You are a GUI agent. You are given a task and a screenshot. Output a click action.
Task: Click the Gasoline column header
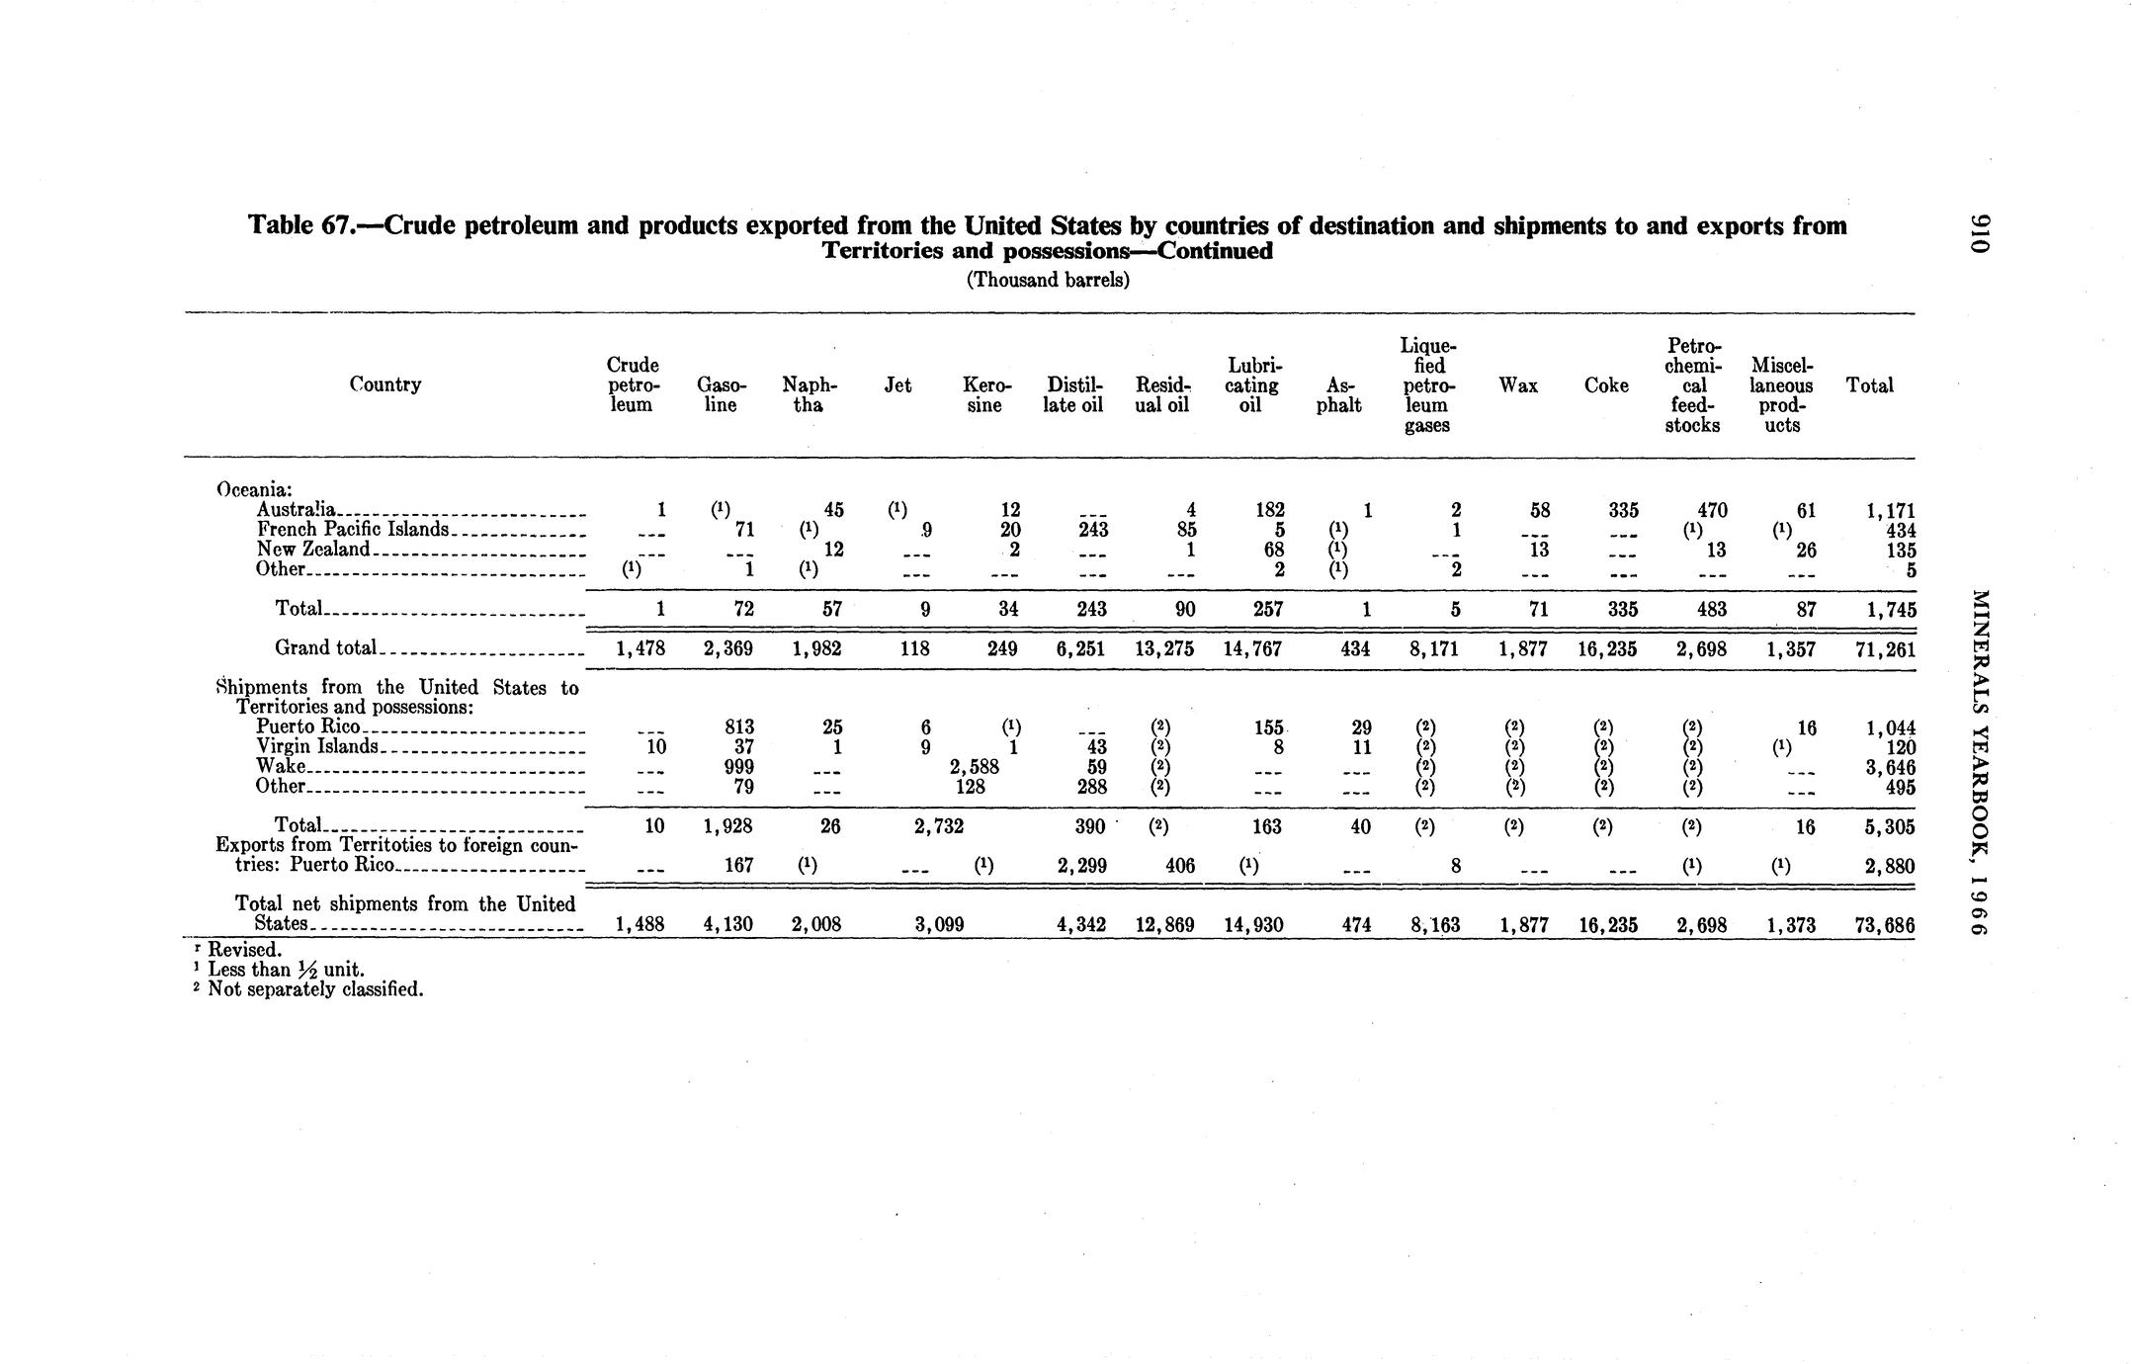pyautogui.click(x=722, y=394)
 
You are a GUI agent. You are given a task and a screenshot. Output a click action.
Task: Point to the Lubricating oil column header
pyautogui.click(x=1251, y=384)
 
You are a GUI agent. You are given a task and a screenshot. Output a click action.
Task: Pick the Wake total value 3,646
pyautogui.click(x=1887, y=767)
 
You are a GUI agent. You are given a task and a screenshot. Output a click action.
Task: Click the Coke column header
pyautogui.click(x=1606, y=385)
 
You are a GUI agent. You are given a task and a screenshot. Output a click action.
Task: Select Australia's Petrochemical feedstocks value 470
pyautogui.click(x=1712, y=511)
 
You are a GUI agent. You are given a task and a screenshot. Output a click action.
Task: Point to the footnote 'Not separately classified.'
pyautogui.click(x=315, y=989)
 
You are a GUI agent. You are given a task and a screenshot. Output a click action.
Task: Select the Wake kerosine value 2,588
pyautogui.click(x=975, y=767)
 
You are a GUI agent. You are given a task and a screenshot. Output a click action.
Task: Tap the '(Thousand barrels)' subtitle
pyautogui.click(x=1047, y=280)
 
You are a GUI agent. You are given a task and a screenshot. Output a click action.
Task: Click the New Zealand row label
pyautogui.click(x=312, y=549)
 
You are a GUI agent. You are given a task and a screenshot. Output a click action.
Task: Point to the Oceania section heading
pyautogui.click(x=255, y=490)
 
